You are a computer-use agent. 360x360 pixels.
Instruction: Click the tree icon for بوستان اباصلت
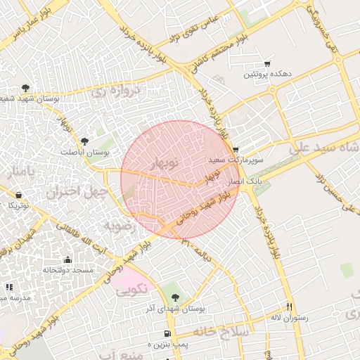85,141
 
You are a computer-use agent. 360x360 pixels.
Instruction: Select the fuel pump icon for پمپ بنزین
167,333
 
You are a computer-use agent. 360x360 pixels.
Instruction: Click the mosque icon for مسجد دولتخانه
67,259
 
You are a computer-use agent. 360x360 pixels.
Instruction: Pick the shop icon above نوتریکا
18,195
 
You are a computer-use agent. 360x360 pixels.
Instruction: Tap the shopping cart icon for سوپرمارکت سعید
236,150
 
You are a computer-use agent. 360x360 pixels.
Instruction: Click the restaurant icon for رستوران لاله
288,307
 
